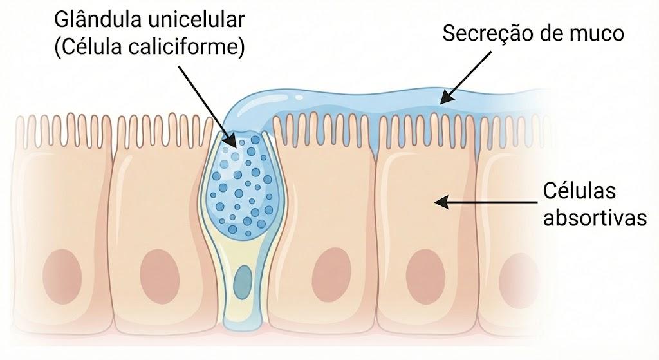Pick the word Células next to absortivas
[579, 191]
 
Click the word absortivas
[595, 218]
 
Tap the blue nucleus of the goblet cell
[243, 279]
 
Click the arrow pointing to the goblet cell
[207, 106]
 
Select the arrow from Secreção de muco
[465, 77]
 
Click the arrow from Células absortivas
[486, 203]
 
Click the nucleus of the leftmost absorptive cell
[62, 276]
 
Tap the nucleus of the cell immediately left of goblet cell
[160, 276]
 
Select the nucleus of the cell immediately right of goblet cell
[331, 275]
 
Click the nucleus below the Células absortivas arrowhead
[426, 276]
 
